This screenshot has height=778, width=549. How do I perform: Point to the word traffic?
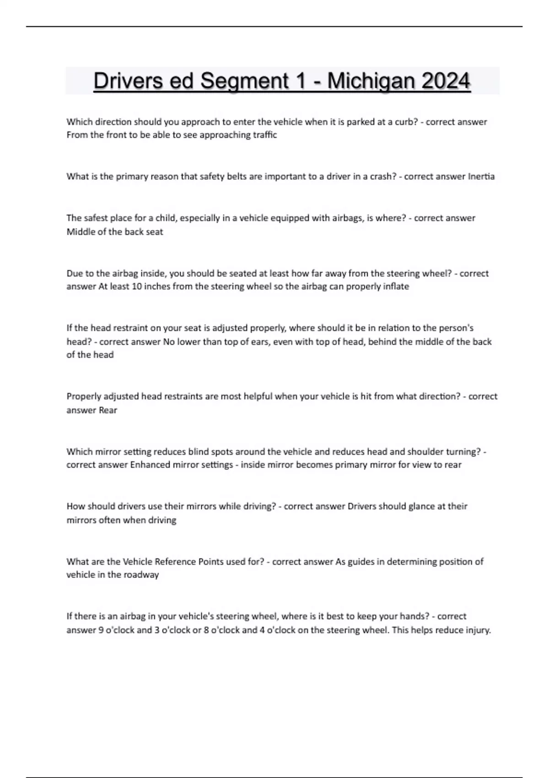pyautogui.click(x=264, y=135)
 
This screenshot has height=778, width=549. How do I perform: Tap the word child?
pyautogui.click(x=165, y=218)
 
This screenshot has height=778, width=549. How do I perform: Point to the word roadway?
pyautogui.click(x=142, y=575)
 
